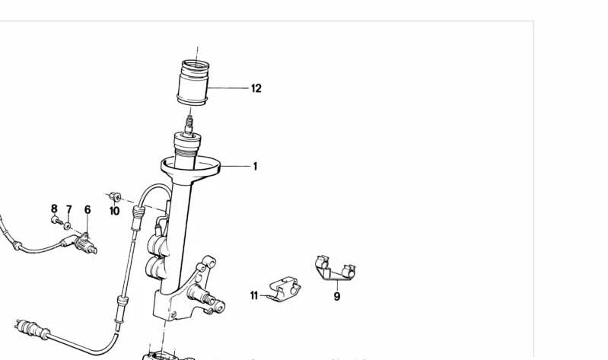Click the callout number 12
pos(256,88)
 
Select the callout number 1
pos(255,167)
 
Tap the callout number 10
pos(114,211)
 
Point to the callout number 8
pos(54,209)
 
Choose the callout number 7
pos(69,210)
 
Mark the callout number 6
pos(88,210)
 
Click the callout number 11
pos(254,295)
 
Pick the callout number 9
pos(337,297)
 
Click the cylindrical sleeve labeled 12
pos(193,82)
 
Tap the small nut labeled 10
pos(115,196)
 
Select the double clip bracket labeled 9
pos(336,268)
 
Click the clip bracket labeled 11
pos(285,288)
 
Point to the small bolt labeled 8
pos(56,221)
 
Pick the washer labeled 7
pos(68,225)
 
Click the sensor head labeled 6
pos(85,244)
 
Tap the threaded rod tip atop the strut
pos(189,122)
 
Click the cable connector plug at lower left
pos(32,329)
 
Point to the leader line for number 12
pos(228,88)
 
